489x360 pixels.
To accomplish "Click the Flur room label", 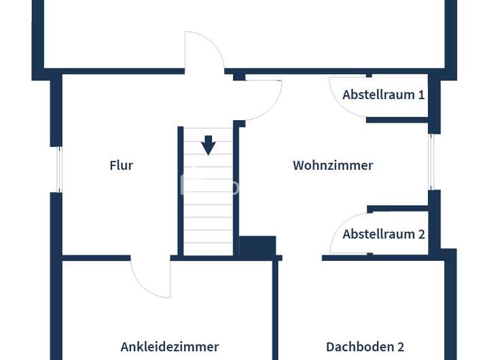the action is tap(121, 165).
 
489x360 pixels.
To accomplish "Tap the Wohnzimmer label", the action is tap(333, 165).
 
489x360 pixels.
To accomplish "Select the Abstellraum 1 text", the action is tap(383, 94).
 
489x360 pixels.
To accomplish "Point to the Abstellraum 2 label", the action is tap(384, 234).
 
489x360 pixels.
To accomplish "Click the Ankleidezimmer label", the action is tap(170, 346).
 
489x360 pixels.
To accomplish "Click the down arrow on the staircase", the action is tap(209, 145).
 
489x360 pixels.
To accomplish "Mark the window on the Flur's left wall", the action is tap(58, 169).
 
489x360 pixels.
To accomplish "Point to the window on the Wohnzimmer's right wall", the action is tap(431, 162).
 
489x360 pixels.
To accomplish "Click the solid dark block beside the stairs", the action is tap(257, 246).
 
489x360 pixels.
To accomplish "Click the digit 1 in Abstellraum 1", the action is tap(421, 94).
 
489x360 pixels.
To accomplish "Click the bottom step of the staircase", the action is tap(209, 249).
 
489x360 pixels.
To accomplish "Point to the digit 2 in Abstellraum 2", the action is tap(421, 234).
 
